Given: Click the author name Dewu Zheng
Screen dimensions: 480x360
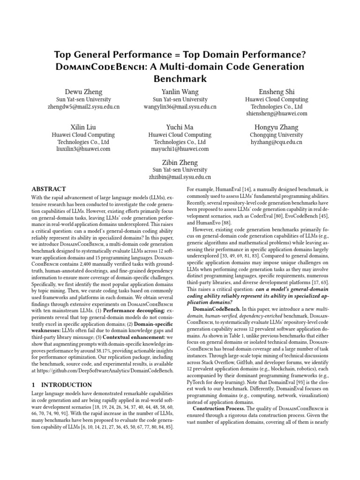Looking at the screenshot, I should pos(83,91).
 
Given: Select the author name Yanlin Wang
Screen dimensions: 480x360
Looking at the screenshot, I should pos(180,91).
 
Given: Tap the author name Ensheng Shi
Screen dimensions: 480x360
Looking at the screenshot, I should pos(277,91).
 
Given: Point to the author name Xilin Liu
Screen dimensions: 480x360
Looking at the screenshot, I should pos(83,127).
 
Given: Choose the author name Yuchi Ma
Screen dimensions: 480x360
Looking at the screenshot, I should pos(180,127).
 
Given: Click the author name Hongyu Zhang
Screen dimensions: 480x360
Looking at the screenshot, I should pos(277,127).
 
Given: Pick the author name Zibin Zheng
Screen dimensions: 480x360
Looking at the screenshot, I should pos(180,162).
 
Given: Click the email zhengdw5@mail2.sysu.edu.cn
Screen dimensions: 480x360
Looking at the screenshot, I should pos(83,107).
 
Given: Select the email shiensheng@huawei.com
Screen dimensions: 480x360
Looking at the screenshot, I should pos(277,114).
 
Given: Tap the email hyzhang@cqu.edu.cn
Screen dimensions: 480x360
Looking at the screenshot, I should pos(277,142).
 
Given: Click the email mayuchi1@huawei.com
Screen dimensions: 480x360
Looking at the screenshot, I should pos(180,149).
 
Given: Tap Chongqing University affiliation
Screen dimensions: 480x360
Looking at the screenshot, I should pos(277,135).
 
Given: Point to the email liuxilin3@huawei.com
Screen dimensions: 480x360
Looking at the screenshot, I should pos(83,149).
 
